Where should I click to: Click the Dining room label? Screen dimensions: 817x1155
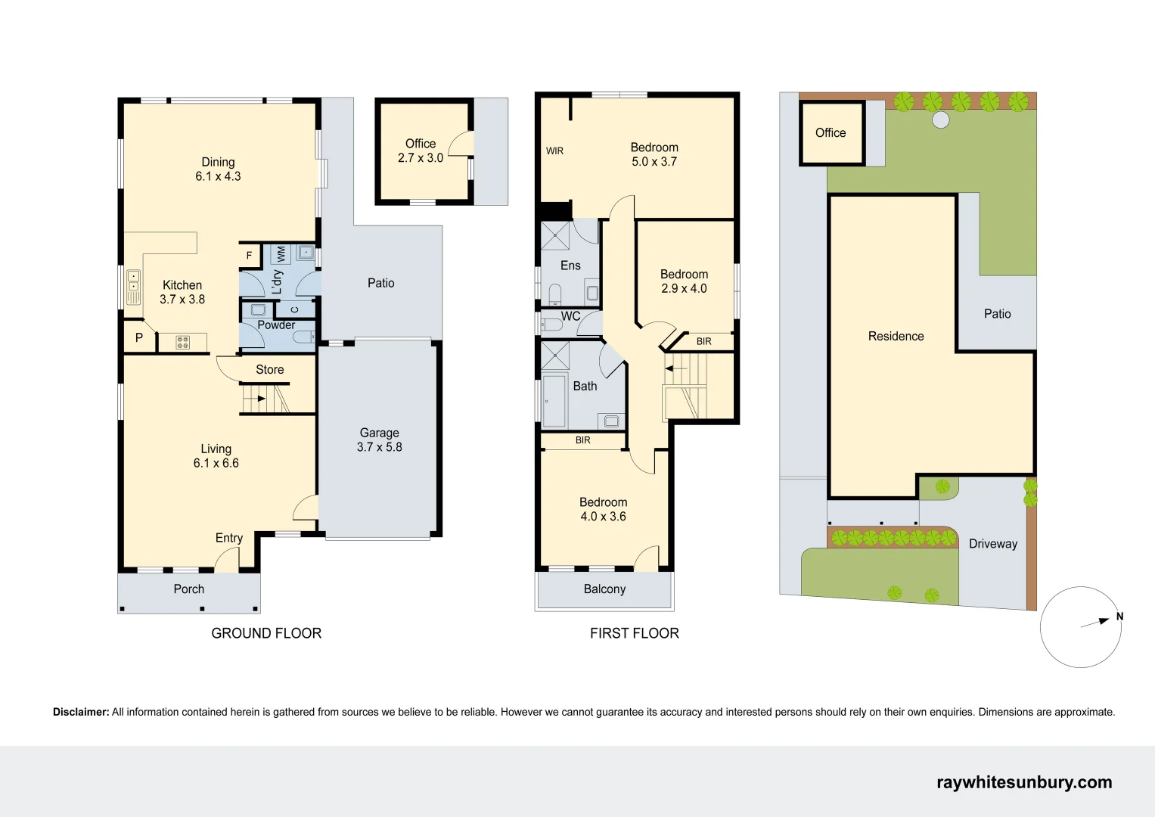tap(218, 162)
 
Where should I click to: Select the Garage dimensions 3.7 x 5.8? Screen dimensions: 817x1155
tap(380, 447)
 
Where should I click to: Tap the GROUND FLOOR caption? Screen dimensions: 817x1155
tap(266, 633)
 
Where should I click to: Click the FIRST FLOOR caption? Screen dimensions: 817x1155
tap(634, 633)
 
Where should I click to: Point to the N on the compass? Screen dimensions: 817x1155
tap(1119, 617)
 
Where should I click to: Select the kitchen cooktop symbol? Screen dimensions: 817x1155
tap(183, 343)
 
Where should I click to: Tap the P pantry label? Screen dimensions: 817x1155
tap(139, 338)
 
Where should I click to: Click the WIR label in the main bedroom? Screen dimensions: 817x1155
tap(554, 151)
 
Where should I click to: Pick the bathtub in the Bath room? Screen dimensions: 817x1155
tap(554, 399)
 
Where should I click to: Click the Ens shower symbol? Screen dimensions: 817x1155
tap(555, 235)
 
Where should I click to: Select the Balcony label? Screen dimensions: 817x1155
tap(604, 589)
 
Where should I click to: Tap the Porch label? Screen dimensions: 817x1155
tap(189, 589)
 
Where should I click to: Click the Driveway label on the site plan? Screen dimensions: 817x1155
tap(992, 544)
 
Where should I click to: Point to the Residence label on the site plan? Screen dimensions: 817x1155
tap(896, 337)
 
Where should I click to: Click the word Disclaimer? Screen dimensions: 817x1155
tap(81, 712)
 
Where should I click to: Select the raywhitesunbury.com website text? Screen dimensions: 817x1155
tap(1024, 782)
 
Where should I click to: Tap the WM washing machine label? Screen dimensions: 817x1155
tap(281, 253)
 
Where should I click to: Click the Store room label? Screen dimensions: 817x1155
tap(269, 370)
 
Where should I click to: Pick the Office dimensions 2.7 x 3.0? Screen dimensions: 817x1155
tap(421, 158)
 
